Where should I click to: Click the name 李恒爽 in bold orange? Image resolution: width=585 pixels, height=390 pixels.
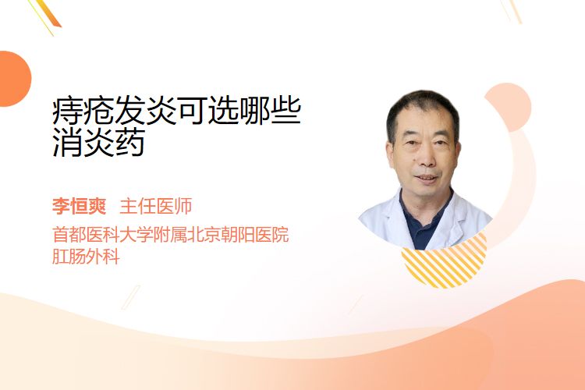pyautogui.click(x=79, y=207)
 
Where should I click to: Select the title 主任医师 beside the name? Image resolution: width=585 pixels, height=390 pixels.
pyautogui.click(x=155, y=207)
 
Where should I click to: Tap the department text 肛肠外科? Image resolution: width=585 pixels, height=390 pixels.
pyautogui.click(x=86, y=257)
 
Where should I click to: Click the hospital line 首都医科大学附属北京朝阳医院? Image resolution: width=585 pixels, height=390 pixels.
pyautogui.click(x=171, y=235)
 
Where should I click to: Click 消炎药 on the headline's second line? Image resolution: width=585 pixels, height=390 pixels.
pyautogui.click(x=98, y=143)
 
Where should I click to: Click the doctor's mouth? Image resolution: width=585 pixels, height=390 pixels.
pyautogui.click(x=426, y=179)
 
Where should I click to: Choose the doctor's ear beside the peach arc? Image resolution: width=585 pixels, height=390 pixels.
pyautogui.click(x=457, y=153)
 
